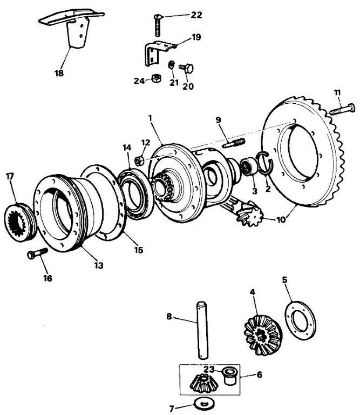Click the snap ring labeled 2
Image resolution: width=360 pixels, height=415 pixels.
tap(266, 162)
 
